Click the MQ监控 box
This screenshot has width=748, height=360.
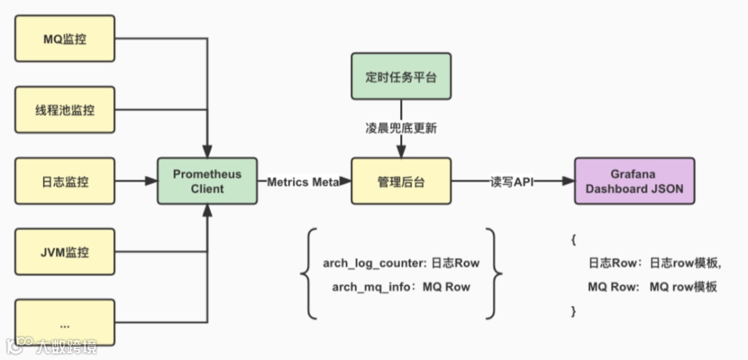pos(64,39)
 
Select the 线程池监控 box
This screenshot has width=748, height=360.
pos(64,109)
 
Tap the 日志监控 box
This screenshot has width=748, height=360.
pos(64,181)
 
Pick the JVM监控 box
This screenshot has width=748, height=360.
pos(64,252)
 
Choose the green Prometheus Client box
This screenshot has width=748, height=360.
pos(207,181)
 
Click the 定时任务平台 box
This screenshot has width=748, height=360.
pos(401,76)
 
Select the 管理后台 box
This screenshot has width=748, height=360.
pos(401,181)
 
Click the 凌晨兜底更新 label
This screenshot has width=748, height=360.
pos(401,128)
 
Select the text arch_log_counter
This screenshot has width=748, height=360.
pos(373,263)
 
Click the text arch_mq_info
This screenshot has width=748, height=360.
pos(368,287)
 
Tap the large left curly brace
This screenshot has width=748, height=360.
pos(308,274)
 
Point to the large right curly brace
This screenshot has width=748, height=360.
pos(494,274)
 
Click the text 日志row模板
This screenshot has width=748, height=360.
pos(685,263)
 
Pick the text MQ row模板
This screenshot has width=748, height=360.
pos(683,287)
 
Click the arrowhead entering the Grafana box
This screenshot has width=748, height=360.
pos(569,181)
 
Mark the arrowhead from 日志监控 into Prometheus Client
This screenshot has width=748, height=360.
pos(152,181)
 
